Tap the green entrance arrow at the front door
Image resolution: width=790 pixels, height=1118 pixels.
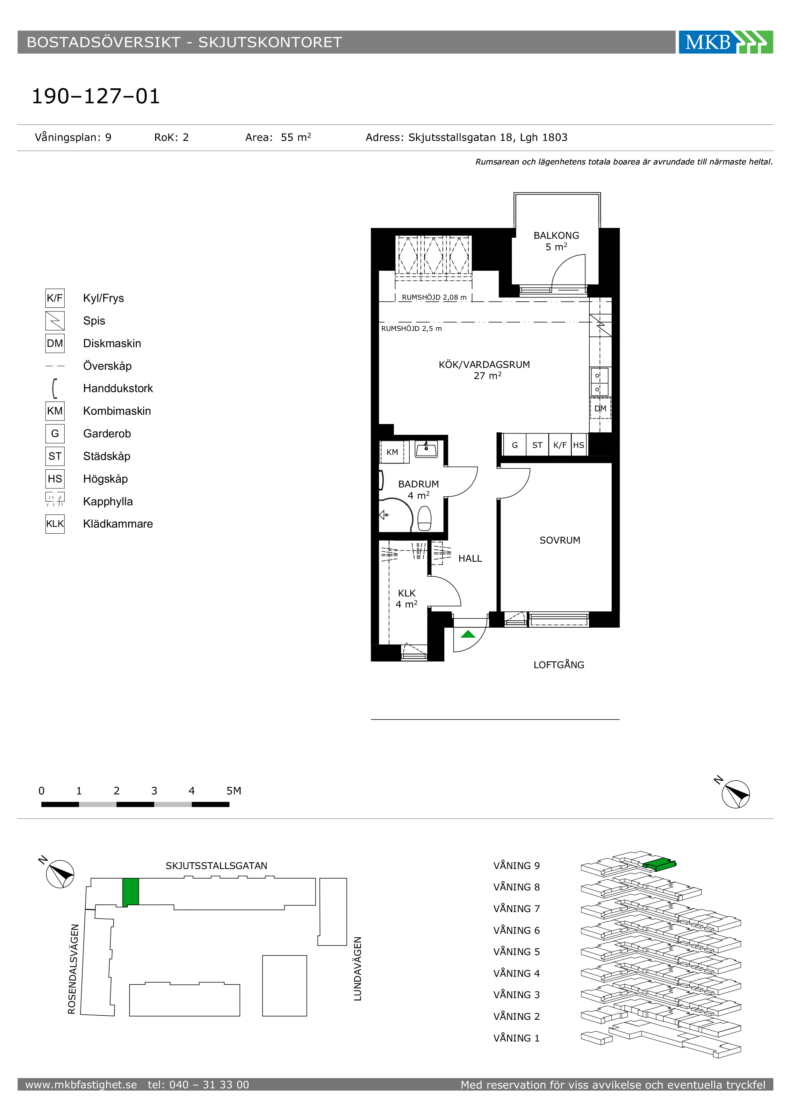pos(468,634)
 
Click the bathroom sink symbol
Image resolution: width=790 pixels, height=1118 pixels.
pos(426,449)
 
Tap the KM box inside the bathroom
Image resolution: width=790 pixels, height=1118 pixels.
pos(392,452)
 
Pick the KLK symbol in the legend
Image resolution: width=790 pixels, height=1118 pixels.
pos(55,524)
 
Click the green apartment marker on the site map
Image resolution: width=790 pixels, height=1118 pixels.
pos(130,892)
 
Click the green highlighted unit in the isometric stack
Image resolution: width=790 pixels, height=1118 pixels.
pos(659,865)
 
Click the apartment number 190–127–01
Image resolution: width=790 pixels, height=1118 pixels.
pos(96,96)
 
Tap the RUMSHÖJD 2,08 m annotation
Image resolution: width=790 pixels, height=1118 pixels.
pos(434,297)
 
